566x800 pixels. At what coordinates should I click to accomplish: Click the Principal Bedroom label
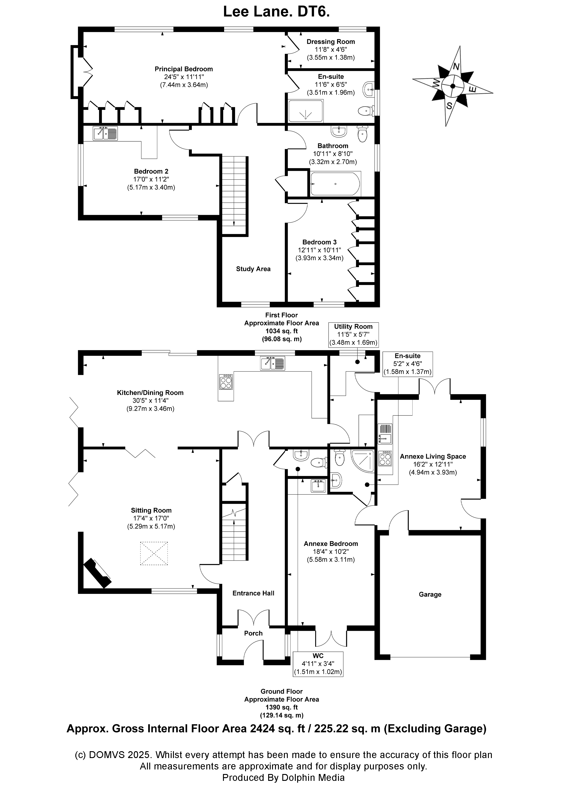pyautogui.click(x=183, y=69)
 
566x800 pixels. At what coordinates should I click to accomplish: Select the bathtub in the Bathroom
pyautogui.click(x=335, y=184)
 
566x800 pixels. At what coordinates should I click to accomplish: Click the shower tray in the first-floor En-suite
pyautogui.click(x=306, y=111)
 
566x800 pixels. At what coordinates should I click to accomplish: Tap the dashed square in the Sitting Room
pyautogui.click(x=154, y=553)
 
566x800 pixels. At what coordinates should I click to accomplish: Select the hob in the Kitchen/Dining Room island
pyautogui.click(x=226, y=382)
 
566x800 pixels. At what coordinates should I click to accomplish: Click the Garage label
pyautogui.click(x=430, y=595)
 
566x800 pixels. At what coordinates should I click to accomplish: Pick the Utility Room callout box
pyautogui.click(x=353, y=335)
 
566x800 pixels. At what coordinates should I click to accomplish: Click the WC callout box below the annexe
pyautogui.click(x=318, y=664)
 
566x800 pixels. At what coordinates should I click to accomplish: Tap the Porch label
pyautogui.click(x=253, y=633)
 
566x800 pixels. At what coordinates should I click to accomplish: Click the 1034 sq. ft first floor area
pyautogui.click(x=281, y=331)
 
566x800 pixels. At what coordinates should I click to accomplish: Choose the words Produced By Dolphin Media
pyautogui.click(x=283, y=777)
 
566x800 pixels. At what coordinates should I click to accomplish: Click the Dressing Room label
pyautogui.click(x=331, y=42)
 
